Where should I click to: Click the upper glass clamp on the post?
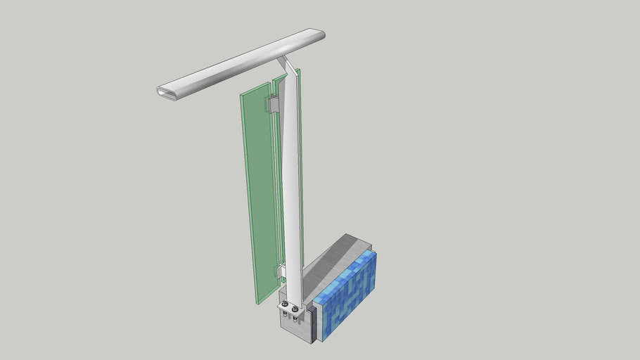(x=272, y=105)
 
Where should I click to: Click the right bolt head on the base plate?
(x=295, y=309)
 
